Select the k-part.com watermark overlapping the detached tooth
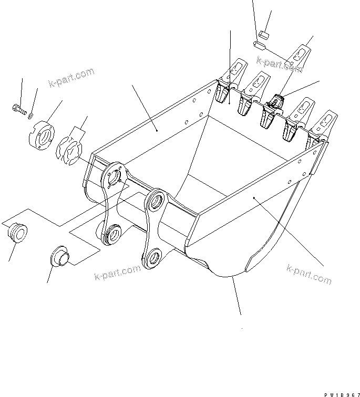point(279,65)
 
